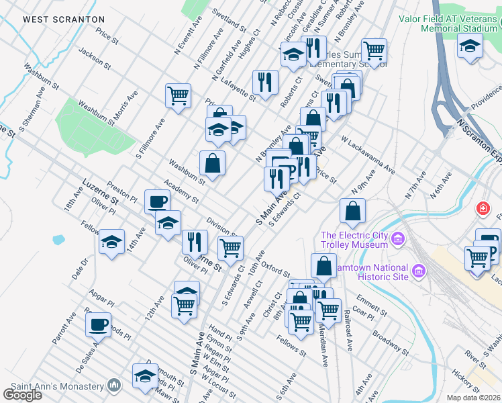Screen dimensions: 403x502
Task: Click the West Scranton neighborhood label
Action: (x=64, y=20)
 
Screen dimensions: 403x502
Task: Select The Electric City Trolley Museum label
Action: (x=354, y=240)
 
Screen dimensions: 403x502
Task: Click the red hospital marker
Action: (x=482, y=208)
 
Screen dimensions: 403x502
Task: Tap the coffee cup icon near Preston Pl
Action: (x=157, y=201)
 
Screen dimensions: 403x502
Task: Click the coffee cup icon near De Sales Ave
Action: (x=98, y=325)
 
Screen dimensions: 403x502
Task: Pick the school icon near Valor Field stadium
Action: (x=470, y=46)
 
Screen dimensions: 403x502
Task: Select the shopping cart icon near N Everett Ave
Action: (x=178, y=95)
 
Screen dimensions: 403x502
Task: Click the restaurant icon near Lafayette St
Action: (x=266, y=82)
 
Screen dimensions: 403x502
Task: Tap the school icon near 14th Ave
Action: (x=112, y=242)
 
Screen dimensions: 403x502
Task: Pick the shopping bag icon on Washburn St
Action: (x=212, y=163)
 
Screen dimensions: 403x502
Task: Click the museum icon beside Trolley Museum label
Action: (x=397, y=239)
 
